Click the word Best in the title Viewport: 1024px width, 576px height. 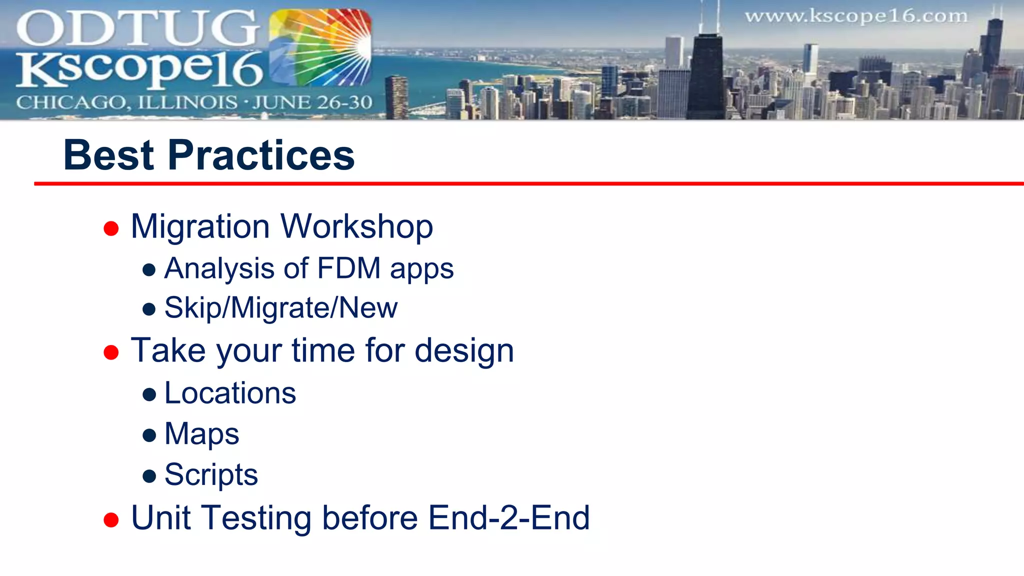click(x=108, y=155)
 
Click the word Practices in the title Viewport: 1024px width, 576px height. click(x=261, y=155)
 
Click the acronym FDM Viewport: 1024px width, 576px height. click(x=348, y=268)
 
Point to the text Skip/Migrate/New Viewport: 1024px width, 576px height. click(x=281, y=307)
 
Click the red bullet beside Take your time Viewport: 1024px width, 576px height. click(x=111, y=352)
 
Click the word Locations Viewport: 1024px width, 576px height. click(x=230, y=393)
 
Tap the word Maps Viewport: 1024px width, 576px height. click(x=201, y=433)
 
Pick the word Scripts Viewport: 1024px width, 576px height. click(x=211, y=474)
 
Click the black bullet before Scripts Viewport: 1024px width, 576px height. click(x=149, y=475)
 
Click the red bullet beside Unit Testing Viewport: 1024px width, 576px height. click(x=111, y=520)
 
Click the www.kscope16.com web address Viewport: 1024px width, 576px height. click(x=856, y=16)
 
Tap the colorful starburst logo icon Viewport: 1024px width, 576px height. click(x=320, y=47)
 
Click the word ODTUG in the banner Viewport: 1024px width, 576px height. click(x=137, y=28)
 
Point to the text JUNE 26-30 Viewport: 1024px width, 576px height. click(x=312, y=102)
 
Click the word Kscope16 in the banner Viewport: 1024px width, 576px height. click(x=140, y=68)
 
